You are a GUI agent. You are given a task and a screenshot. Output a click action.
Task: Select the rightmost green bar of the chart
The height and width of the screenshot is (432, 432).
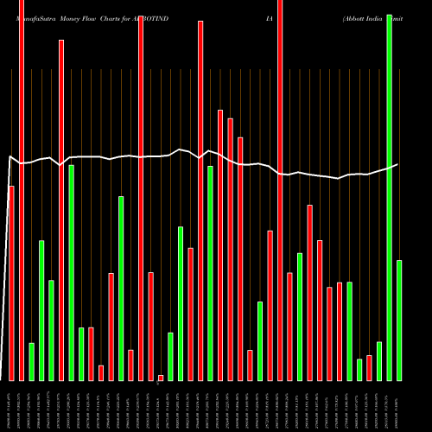point(399,320)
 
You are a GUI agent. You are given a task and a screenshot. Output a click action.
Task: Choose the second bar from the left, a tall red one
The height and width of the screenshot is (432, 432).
point(22,190)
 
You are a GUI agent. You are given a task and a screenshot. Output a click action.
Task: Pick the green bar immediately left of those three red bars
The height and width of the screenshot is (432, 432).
point(210,272)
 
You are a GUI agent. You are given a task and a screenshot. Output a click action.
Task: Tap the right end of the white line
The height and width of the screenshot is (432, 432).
point(398,164)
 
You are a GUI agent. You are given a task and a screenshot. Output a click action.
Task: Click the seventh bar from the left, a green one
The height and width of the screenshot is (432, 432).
point(71,272)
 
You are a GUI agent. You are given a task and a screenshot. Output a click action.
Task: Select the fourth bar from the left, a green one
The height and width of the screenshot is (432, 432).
point(41,310)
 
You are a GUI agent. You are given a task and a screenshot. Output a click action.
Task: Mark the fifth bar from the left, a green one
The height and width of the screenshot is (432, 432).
point(51,330)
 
